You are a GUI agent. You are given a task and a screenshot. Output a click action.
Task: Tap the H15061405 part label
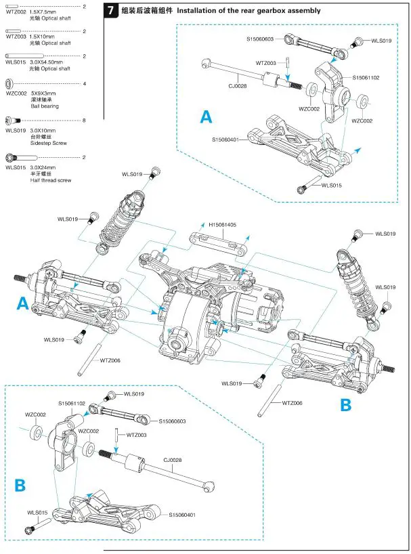coord(223,224)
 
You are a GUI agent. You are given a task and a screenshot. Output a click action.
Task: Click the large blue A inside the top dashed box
coord(207,117)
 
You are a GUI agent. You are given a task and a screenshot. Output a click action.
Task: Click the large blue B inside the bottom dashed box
coord(20,485)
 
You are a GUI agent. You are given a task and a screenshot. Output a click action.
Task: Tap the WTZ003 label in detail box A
coord(266,63)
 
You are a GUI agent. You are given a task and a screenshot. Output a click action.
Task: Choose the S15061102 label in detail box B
coord(71,403)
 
